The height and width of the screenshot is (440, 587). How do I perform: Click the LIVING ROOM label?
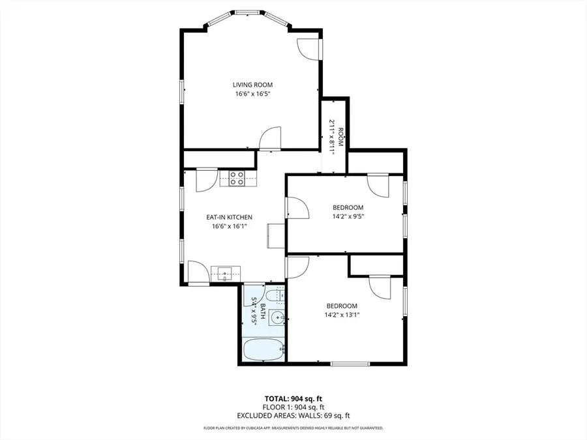click(x=252, y=85)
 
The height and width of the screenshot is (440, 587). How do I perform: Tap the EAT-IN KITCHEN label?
click(x=229, y=217)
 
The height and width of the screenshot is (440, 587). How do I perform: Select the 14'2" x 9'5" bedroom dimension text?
click(x=348, y=216)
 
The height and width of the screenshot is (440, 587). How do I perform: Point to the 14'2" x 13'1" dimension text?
click(x=342, y=315)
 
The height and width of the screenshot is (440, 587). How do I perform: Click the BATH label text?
click(x=263, y=312)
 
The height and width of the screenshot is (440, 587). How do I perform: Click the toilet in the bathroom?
click(x=280, y=294)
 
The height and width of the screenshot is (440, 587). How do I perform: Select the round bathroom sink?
click(x=277, y=318)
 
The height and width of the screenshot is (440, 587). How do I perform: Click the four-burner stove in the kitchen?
click(x=237, y=179)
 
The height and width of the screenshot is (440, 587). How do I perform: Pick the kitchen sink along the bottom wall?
click(x=226, y=274)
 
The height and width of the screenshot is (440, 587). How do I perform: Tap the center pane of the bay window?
click(x=247, y=14)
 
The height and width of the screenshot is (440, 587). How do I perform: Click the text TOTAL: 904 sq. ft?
click(x=293, y=399)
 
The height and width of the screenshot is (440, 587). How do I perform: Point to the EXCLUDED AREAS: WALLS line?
click(x=293, y=416)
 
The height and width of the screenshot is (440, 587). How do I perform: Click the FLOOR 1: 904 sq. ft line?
click(x=293, y=407)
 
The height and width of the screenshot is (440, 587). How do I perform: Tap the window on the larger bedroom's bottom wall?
click(x=350, y=363)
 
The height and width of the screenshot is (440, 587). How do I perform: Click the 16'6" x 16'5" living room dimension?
click(x=252, y=94)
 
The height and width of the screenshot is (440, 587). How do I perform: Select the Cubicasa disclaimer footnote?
click(x=293, y=428)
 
